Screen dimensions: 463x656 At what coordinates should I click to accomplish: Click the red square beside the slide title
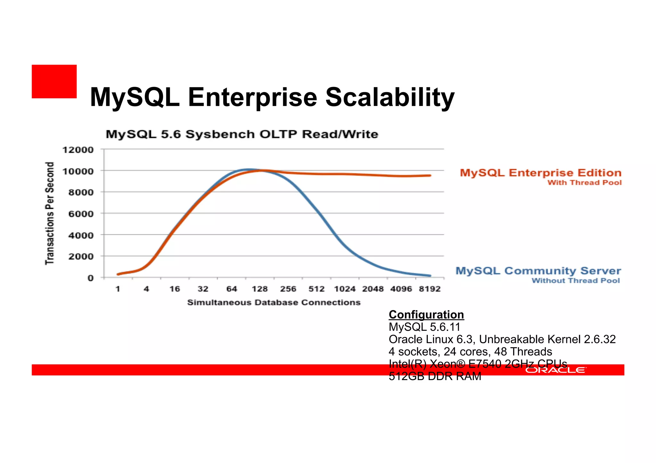(54, 81)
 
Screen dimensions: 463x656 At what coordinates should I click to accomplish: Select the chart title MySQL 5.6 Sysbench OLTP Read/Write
(242, 134)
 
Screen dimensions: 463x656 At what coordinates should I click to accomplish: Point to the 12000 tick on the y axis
(78, 150)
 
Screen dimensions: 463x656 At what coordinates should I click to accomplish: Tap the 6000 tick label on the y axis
(81, 214)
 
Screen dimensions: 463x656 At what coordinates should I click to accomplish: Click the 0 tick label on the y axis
(91, 278)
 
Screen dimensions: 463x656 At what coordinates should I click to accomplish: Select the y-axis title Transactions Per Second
(49, 213)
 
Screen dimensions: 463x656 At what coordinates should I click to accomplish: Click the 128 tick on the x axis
(259, 289)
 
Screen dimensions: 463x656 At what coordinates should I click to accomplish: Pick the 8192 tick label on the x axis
(430, 289)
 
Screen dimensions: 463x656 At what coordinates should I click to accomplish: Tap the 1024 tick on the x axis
(345, 289)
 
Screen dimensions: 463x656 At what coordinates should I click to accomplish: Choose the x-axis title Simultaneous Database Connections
(274, 302)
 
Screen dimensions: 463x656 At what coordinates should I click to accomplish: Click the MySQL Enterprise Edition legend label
(540, 173)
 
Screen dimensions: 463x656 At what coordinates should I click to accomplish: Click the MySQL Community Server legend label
(538, 271)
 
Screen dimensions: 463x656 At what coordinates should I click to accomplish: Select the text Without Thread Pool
(576, 281)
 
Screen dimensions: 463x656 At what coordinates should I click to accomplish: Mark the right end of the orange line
(430, 175)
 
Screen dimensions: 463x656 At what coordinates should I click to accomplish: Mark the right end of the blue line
(430, 275)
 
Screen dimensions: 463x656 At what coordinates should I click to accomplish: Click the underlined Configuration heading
(426, 315)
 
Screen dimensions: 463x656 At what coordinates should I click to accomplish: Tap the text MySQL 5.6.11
(424, 327)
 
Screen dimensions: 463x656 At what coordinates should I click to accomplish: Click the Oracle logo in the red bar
(555, 370)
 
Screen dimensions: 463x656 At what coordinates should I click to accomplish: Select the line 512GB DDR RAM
(435, 377)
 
